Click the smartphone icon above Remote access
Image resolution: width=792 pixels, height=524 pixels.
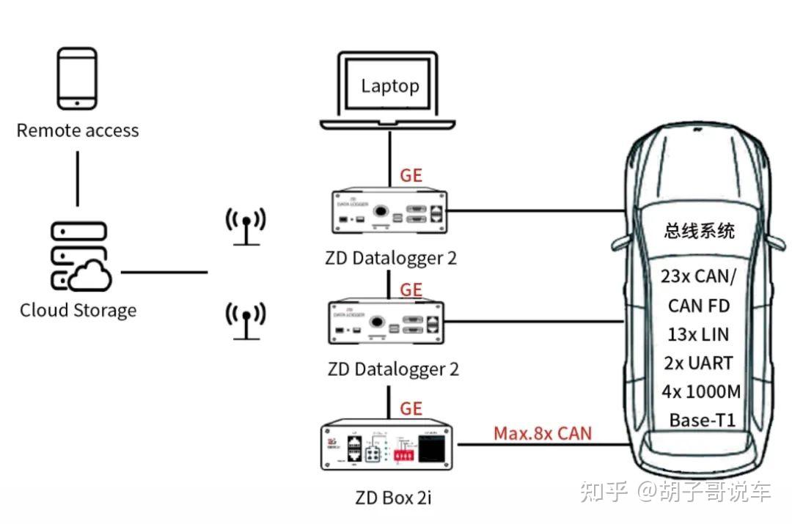(77, 78)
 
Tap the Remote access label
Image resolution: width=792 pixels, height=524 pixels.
(78, 130)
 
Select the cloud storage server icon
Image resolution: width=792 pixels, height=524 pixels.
(79, 257)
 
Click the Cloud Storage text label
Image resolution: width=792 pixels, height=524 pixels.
(78, 310)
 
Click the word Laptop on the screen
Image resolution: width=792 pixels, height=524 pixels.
(389, 86)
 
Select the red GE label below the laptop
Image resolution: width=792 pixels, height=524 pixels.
(411, 176)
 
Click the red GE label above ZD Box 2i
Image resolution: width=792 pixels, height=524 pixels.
(411, 408)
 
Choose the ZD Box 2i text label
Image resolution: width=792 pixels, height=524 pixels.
(393, 498)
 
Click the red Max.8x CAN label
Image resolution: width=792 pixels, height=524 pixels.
(542, 433)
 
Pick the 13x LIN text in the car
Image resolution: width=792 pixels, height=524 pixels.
(698, 334)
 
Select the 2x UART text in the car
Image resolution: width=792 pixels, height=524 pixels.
(697, 363)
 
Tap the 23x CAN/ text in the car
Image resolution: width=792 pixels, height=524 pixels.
(697, 276)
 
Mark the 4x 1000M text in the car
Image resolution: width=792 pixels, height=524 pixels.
(700, 391)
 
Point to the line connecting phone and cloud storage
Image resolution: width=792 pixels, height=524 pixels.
(78, 179)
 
